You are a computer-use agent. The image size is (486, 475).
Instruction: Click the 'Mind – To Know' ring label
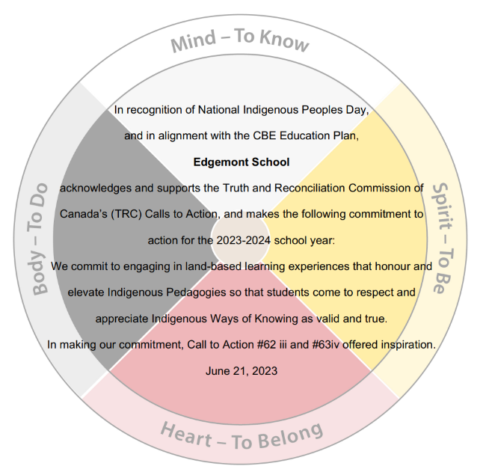pyautogui.click(x=239, y=42)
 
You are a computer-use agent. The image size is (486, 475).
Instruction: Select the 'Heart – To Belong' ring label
pyautogui.click(x=242, y=436)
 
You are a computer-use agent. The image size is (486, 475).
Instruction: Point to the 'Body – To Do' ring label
pyautogui.click(x=39, y=237)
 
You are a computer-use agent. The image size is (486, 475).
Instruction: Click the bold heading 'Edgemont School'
pyautogui.click(x=242, y=162)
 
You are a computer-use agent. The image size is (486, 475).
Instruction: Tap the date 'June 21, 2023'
pyautogui.click(x=242, y=370)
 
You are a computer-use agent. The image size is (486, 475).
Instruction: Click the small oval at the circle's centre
pyautogui.click(x=241, y=231)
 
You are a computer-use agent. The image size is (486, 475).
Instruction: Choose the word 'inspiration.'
pyautogui.click(x=405, y=345)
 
